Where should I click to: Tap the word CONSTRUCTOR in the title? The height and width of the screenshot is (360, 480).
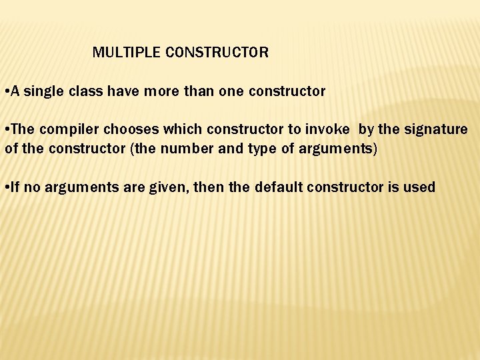pos(216,53)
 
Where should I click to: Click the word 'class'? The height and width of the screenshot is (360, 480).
pos(85,91)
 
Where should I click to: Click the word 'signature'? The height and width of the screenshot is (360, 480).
pos(436,129)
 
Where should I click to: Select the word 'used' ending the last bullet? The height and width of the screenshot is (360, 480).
pos(420,187)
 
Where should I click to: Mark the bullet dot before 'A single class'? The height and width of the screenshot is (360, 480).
pos(5,91)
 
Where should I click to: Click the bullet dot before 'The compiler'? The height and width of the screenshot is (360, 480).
pos(5,129)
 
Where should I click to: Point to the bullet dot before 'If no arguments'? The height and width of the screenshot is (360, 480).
pos(5,187)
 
